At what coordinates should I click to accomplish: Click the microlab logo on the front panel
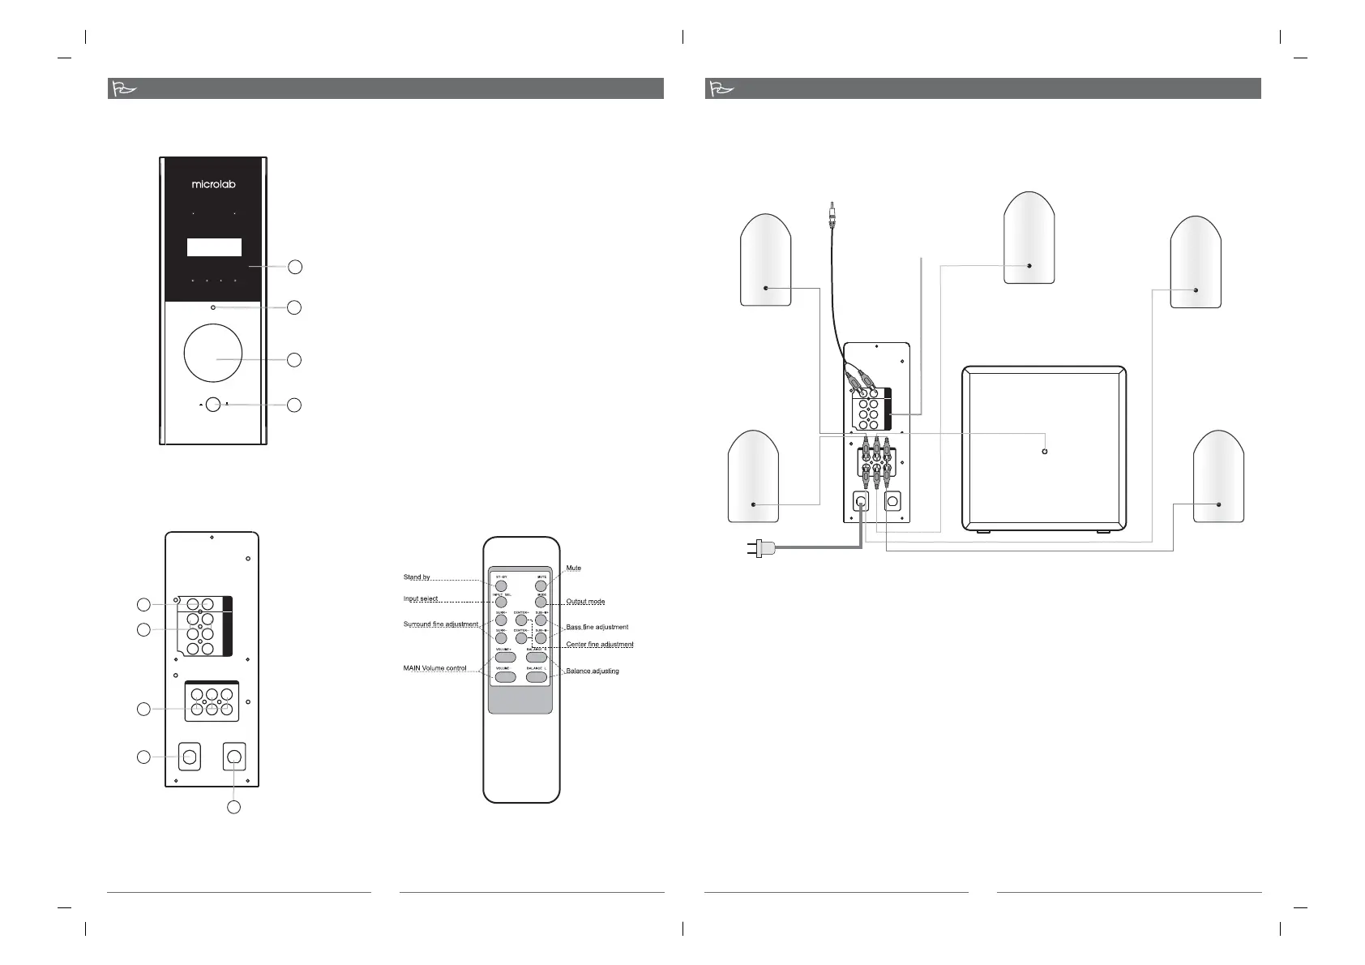(x=213, y=184)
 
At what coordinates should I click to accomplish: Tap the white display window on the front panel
(x=214, y=247)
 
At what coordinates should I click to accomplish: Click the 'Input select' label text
(x=421, y=598)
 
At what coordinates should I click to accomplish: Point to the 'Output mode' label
(x=585, y=602)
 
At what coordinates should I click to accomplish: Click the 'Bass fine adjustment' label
(x=597, y=627)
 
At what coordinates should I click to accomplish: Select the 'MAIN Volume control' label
(x=434, y=668)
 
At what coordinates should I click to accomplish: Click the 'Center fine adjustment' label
(x=599, y=645)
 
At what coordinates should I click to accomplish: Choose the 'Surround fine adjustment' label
(x=440, y=624)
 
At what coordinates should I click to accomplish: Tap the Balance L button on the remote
(x=536, y=676)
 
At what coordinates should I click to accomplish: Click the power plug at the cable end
(x=760, y=550)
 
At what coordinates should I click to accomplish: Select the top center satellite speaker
(x=1029, y=238)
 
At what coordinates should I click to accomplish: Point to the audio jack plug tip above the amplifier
(x=832, y=209)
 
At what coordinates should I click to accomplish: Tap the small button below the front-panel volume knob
(x=212, y=404)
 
